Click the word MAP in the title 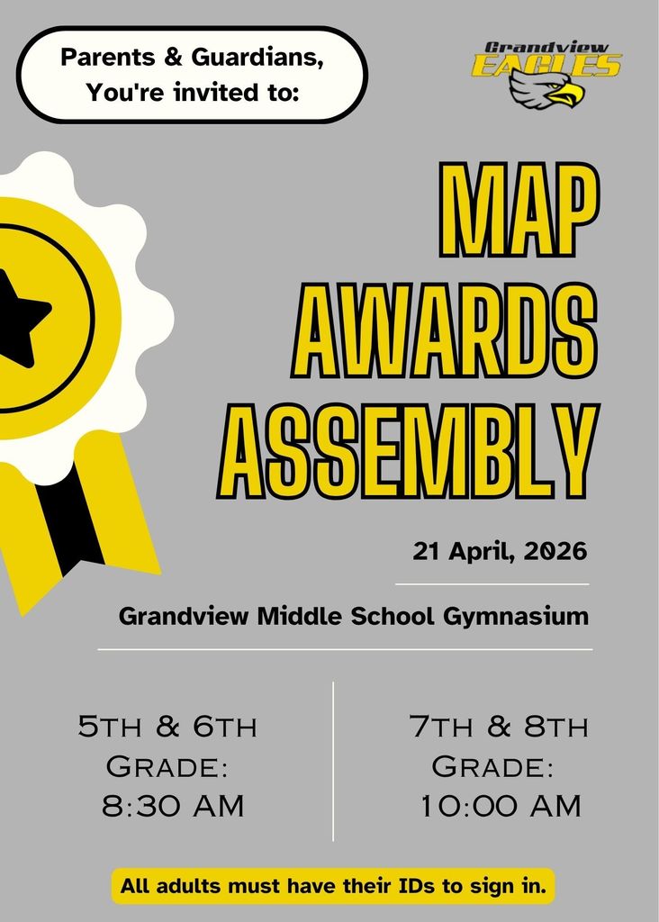pyautogui.click(x=517, y=210)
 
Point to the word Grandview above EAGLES pyautogui.click(x=546, y=47)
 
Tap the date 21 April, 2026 pyautogui.click(x=500, y=550)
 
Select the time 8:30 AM pyautogui.click(x=173, y=806)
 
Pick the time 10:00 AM pyautogui.click(x=501, y=806)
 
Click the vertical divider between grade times pyautogui.click(x=333, y=761)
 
